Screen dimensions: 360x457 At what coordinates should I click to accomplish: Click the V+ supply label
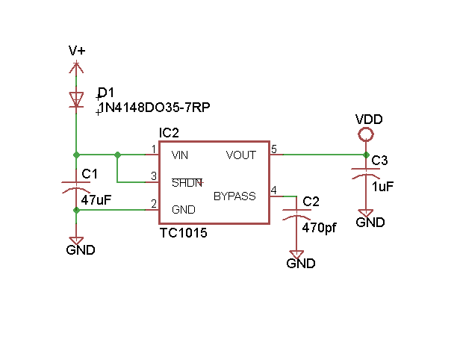point(77,51)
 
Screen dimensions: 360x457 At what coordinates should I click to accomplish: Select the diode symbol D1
point(76,99)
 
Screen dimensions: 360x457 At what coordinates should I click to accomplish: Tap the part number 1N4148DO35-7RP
point(155,108)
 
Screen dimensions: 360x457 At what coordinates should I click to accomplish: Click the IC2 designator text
point(169,133)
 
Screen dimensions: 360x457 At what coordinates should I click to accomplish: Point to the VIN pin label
point(180,155)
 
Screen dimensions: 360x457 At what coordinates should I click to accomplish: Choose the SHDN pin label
point(187,182)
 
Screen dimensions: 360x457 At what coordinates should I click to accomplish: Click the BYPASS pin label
point(234,196)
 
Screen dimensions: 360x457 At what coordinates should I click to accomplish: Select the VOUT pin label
point(240,155)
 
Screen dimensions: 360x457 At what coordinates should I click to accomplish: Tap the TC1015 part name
point(183,233)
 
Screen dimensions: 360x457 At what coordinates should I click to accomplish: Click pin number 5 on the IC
point(274,149)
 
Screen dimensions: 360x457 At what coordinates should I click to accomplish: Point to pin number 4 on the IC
point(274,191)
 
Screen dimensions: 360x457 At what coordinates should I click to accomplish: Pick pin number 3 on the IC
point(153,176)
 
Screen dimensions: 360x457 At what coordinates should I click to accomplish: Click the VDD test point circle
point(366,135)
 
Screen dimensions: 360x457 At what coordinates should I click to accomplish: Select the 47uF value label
point(96,200)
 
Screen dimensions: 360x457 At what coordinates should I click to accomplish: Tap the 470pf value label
point(320,228)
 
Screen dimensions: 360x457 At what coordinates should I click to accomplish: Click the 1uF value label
point(382,187)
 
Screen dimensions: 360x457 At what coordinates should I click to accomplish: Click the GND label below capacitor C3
point(370,222)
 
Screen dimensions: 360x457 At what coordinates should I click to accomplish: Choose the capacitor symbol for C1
point(76,187)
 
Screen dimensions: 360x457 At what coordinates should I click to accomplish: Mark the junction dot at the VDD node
point(366,155)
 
